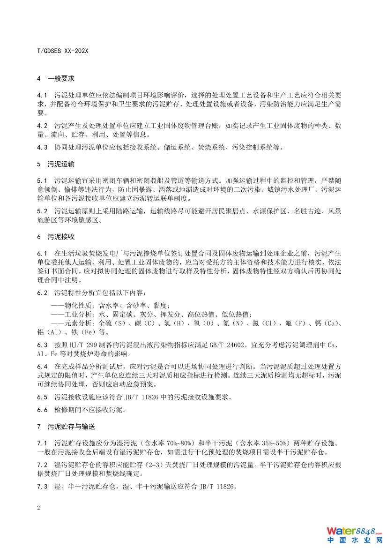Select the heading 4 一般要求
[x=55, y=79]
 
